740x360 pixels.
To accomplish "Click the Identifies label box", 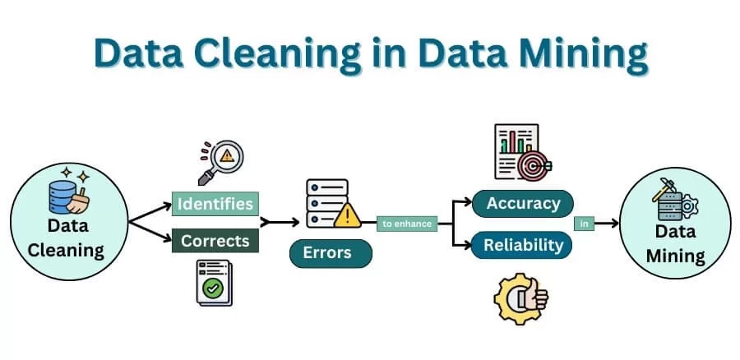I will click(215, 203).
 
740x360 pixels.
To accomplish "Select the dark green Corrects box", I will click(215, 241).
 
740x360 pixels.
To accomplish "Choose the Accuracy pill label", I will click(523, 203).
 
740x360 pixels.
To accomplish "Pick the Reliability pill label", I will click(523, 244).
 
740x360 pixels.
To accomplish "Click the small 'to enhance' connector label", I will click(406, 223).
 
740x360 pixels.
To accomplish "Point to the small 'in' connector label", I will click(584, 223).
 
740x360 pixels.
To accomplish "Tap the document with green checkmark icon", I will click(212, 283).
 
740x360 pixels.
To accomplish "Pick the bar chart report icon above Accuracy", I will click(516, 150).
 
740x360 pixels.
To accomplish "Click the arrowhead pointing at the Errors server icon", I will click(294, 222).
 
